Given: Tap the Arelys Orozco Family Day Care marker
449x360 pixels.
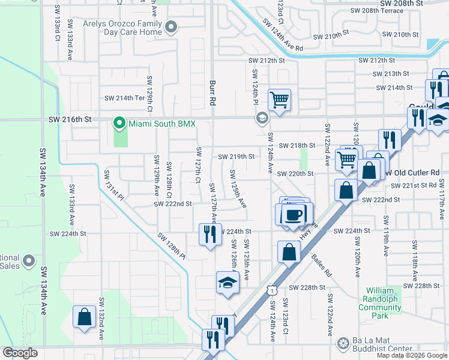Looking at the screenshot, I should pyautogui.click(x=170, y=27).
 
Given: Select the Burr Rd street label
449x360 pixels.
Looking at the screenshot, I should pyautogui.click(x=212, y=91).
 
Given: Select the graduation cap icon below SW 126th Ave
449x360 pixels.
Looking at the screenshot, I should pyautogui.click(x=228, y=282).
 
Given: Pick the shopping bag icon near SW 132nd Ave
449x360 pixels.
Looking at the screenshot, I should pyautogui.click(x=84, y=316).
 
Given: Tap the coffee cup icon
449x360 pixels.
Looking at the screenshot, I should pyautogui.click(x=294, y=215).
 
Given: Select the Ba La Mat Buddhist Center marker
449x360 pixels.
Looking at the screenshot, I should pyautogui.click(x=343, y=344).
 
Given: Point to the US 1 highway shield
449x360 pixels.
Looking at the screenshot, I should pyautogui.click(x=273, y=290).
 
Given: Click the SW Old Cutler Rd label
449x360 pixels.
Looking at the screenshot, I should pyautogui.click(x=417, y=173).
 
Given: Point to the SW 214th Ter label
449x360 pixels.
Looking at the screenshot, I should pyautogui.click(x=125, y=98).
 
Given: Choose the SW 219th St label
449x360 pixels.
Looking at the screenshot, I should pyautogui.click(x=237, y=157).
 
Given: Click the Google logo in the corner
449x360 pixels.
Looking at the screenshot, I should pyautogui.click(x=20, y=353).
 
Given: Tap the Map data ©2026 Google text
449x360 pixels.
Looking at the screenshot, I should pyautogui.click(x=411, y=355).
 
